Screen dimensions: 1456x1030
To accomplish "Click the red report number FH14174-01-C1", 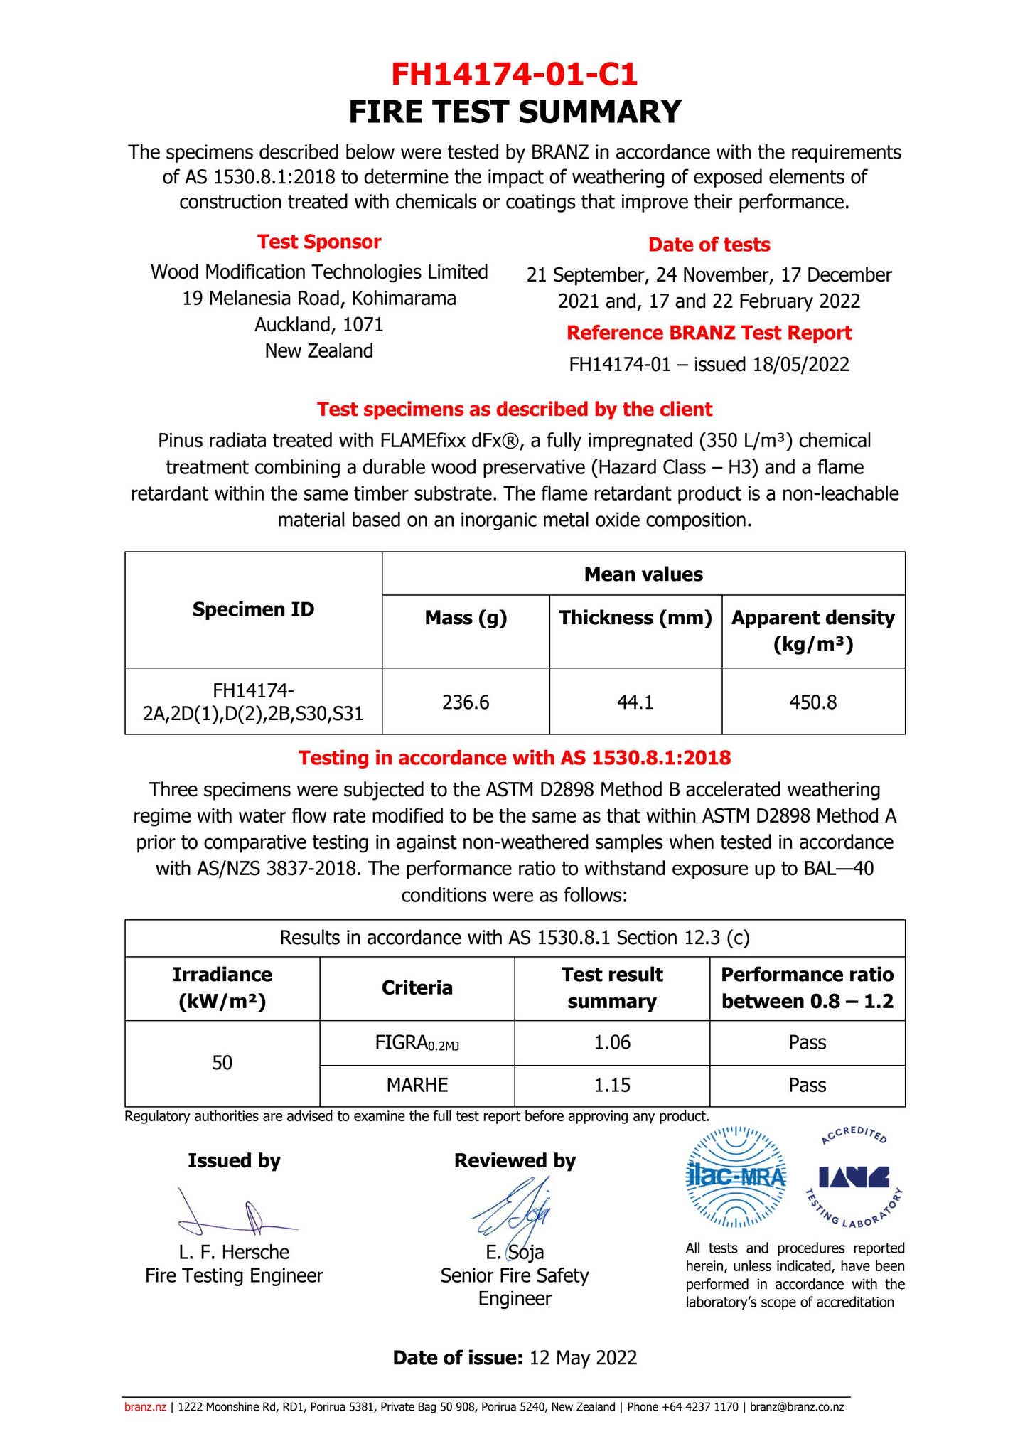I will tap(515, 73).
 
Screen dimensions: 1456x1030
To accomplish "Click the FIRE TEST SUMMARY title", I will tap(515, 112).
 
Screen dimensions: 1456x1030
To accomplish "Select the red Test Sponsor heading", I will tap(319, 242).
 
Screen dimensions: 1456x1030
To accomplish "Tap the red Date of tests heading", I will tap(709, 245).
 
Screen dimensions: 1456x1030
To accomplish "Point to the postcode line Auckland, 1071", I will tap(319, 325).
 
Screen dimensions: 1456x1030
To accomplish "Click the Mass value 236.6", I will tap(466, 702).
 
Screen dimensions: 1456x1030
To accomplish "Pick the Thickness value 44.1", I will tap(635, 702).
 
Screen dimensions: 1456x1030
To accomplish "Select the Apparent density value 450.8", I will tap(812, 702).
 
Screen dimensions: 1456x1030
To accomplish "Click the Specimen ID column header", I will tap(253, 609).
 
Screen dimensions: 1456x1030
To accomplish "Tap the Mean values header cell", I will tap(643, 574).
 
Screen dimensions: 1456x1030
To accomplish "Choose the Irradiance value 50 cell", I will tap(222, 1063).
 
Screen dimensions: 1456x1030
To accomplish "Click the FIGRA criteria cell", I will tap(417, 1043).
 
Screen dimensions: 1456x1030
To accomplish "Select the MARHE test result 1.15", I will tap(612, 1085).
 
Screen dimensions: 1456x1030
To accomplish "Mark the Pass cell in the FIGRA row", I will tap(807, 1043).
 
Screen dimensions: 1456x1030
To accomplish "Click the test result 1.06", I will tap(612, 1043).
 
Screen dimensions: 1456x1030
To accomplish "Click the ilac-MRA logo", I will tap(735, 1178).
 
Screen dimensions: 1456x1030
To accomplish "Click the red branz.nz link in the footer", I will tap(145, 1407).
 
